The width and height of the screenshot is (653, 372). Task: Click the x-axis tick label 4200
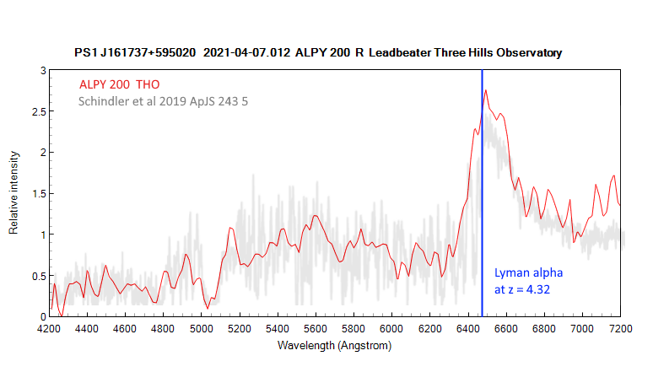[49, 328]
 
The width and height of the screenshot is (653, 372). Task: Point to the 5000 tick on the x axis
[201, 328]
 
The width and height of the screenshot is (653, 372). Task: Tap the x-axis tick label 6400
[468, 328]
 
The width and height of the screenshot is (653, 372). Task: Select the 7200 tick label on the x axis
[621, 328]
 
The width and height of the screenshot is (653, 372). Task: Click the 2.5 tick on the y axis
[36, 111]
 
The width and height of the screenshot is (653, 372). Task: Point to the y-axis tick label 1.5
[36, 193]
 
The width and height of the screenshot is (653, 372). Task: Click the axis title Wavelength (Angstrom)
[334, 345]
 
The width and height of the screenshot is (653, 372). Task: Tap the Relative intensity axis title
[14, 193]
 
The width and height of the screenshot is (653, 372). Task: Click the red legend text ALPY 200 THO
[120, 84]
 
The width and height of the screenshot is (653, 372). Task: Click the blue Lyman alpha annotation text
[528, 273]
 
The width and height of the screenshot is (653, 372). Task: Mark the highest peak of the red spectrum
[485, 90]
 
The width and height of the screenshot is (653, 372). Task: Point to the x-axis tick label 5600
[316, 328]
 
